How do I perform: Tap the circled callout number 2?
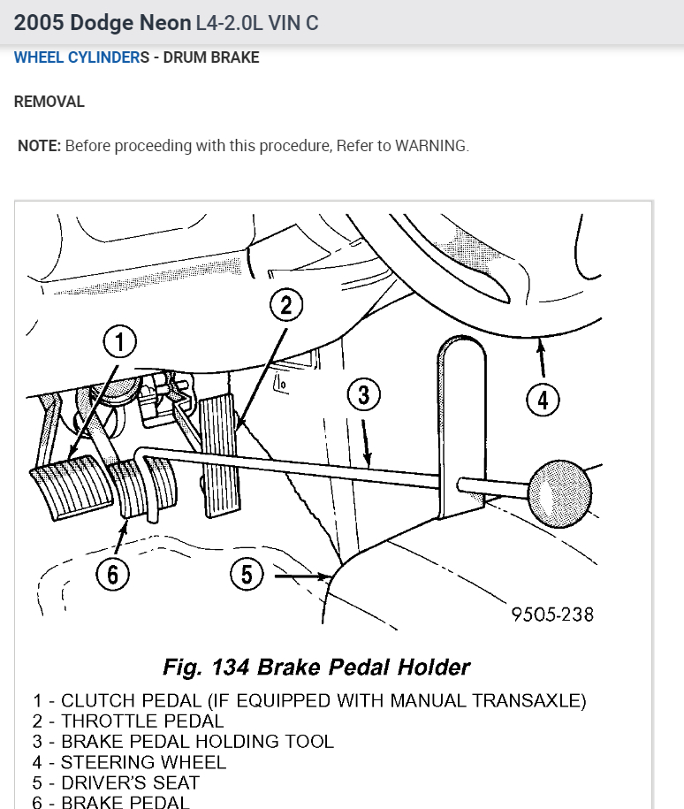click(285, 306)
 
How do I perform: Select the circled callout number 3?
click(363, 395)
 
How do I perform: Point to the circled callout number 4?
click(543, 401)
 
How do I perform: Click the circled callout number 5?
click(247, 576)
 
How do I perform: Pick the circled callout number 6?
click(112, 576)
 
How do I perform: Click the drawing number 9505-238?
click(552, 614)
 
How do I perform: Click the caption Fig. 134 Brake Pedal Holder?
click(316, 667)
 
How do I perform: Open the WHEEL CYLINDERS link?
click(77, 57)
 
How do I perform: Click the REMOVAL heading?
click(49, 102)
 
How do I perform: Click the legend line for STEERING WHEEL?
click(130, 761)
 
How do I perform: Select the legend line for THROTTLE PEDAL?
click(128, 721)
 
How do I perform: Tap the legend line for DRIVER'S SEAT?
click(117, 782)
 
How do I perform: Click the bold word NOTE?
click(39, 146)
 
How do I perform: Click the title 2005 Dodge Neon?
click(101, 23)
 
